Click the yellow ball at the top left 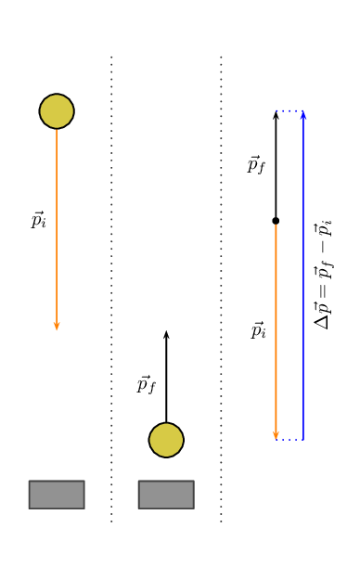(57, 111)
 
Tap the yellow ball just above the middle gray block (166, 440)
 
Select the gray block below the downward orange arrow (57, 495)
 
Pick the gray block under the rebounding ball (166, 495)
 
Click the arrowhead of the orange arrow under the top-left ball (57, 326)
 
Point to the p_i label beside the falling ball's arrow (38, 220)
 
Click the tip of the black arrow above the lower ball (166, 333)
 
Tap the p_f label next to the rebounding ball (147, 384)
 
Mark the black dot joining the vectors (276, 220)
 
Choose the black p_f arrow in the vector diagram (276, 167)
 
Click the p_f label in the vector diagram (256, 165)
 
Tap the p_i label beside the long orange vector (258, 330)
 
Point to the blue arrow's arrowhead (303, 114)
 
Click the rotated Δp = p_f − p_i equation (323, 274)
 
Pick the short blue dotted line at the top (289, 111)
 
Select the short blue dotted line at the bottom (289, 439)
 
